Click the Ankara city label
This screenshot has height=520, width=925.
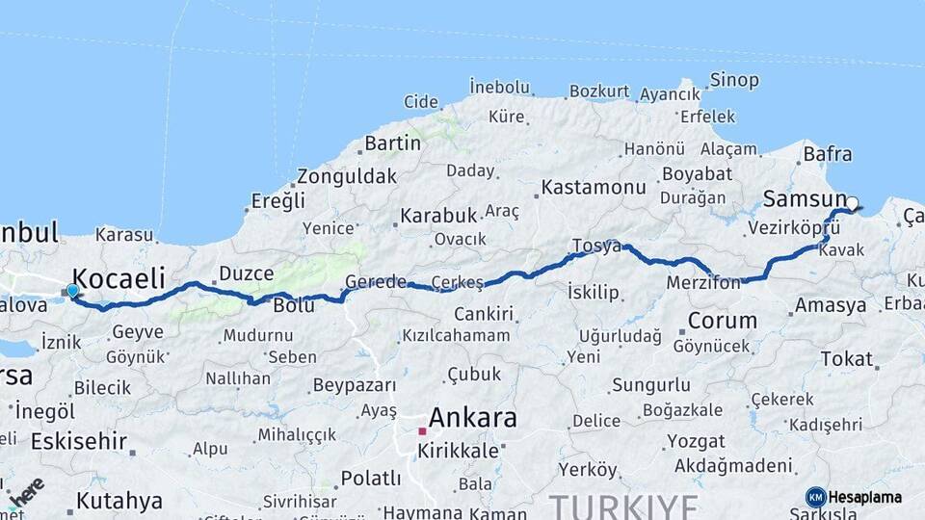[x=472, y=419]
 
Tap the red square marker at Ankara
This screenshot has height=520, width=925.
[x=422, y=430]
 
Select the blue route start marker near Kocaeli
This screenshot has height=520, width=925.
[x=72, y=290]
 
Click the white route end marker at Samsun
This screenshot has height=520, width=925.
[x=852, y=203]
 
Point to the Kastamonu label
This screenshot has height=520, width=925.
[x=593, y=187]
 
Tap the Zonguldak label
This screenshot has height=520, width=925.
[x=346, y=176]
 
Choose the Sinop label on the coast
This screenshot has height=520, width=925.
[x=733, y=80]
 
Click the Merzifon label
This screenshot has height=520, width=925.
[x=703, y=282]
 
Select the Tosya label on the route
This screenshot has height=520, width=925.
[x=596, y=246]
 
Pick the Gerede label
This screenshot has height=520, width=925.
[x=376, y=281]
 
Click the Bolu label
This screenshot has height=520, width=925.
[x=294, y=305]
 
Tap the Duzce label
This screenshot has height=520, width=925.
[x=247, y=273]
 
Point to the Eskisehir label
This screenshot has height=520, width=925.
[x=79, y=441]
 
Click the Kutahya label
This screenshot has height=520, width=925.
[x=119, y=501]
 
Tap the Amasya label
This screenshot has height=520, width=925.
[x=830, y=306]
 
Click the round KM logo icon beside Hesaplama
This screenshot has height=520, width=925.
[x=815, y=497]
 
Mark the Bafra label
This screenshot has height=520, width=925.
[x=827, y=153]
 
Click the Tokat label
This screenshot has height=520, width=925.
[x=846, y=358]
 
